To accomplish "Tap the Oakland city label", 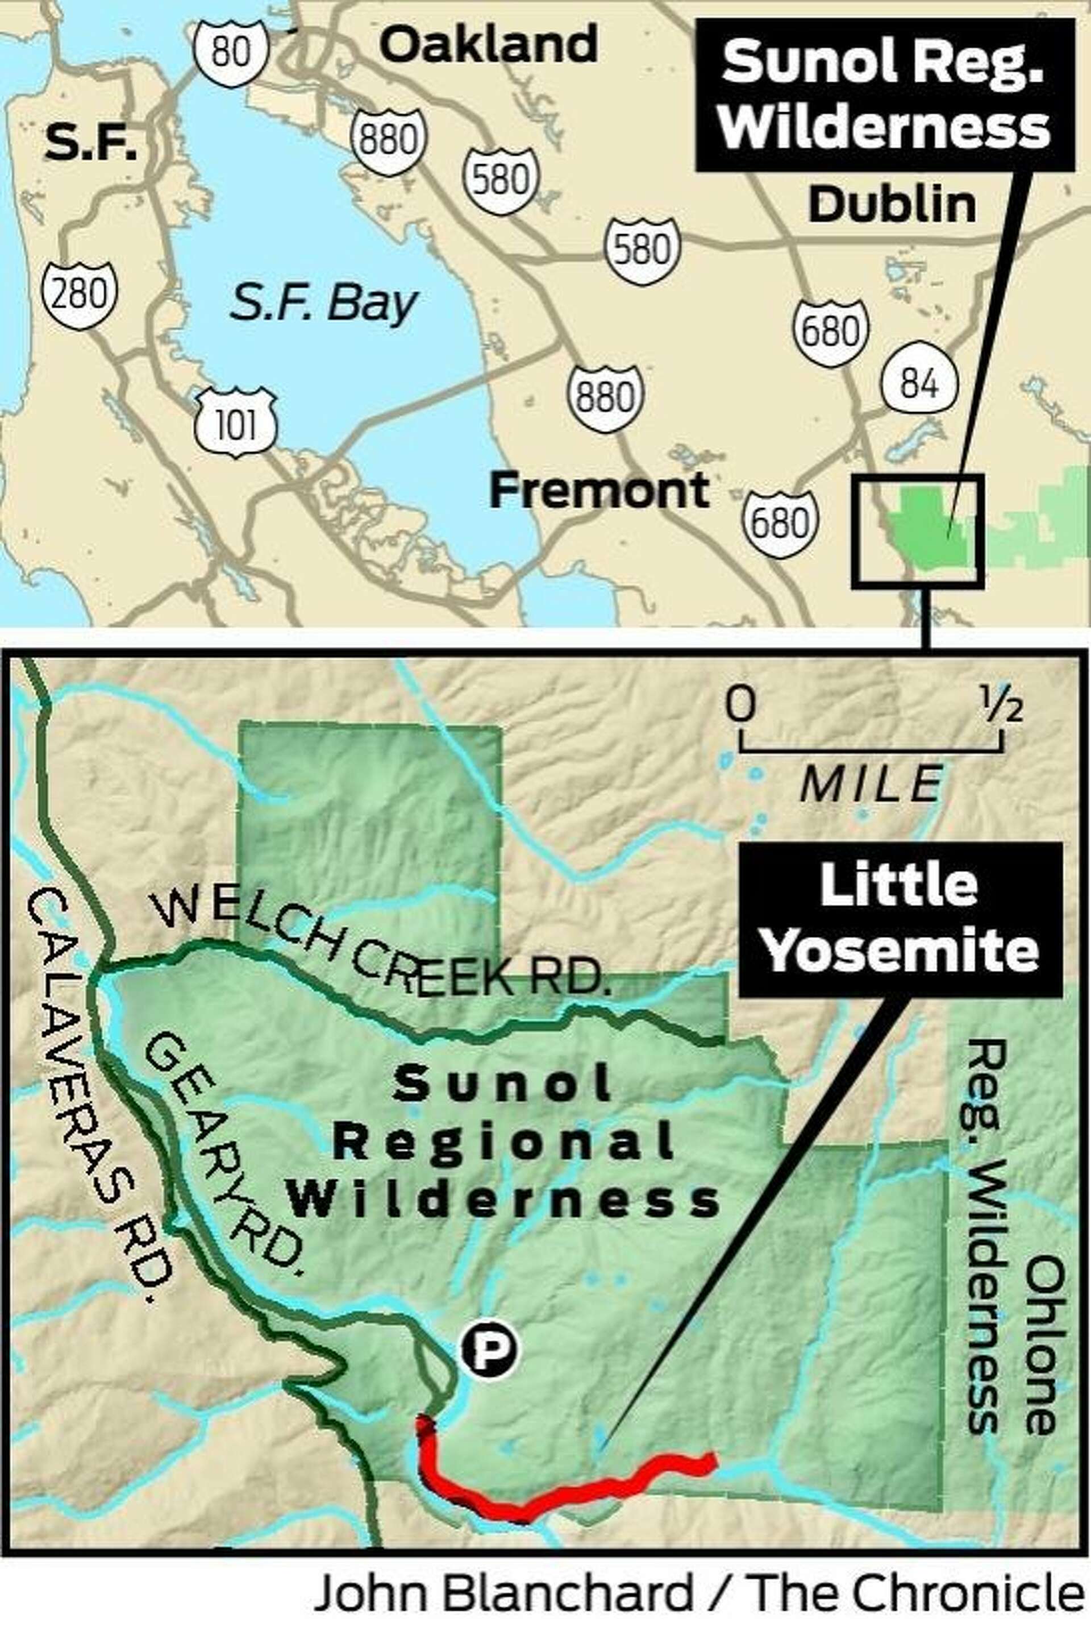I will click(x=490, y=43).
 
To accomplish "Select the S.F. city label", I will click(x=91, y=146).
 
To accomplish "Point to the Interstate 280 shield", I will click(x=78, y=295).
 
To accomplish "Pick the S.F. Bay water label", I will click(x=323, y=304).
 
